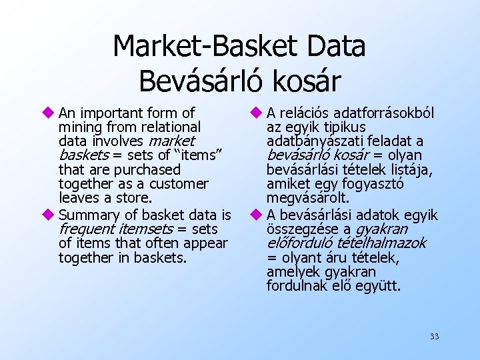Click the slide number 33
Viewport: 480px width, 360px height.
(434, 337)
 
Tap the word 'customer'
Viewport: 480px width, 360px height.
(180, 184)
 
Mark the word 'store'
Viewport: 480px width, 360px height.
(134, 198)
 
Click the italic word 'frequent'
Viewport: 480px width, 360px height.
(83, 229)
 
